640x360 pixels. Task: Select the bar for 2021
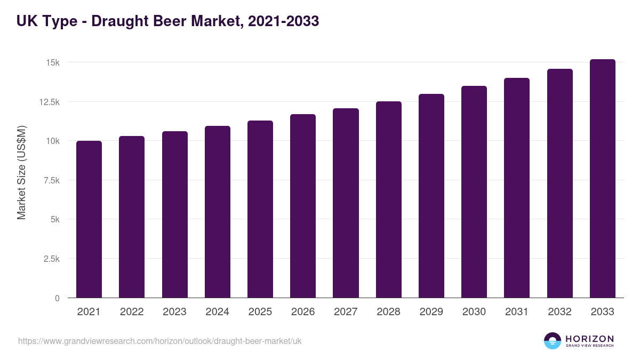pyautogui.click(x=89, y=219)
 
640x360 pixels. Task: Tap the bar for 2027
pyautogui.click(x=346, y=203)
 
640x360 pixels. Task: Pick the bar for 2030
pyautogui.click(x=474, y=192)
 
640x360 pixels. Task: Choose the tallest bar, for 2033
pyautogui.click(x=602, y=179)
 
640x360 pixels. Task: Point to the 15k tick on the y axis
pyautogui.click(x=52, y=62)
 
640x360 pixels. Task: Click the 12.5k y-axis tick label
pyautogui.click(x=49, y=102)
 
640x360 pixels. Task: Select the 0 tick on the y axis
pyautogui.click(x=57, y=298)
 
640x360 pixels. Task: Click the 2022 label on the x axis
pyautogui.click(x=132, y=312)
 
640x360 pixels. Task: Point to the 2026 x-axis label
pyautogui.click(x=303, y=312)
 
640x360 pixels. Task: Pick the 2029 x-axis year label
pyautogui.click(x=431, y=312)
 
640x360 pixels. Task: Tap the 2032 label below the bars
pyautogui.click(x=559, y=312)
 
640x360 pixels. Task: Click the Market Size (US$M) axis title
pyautogui.click(x=21, y=172)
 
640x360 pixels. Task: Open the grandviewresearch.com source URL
pyautogui.click(x=159, y=341)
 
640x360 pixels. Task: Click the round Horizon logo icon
pyautogui.click(x=553, y=341)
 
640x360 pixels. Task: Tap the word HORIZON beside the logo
pyautogui.click(x=589, y=338)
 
